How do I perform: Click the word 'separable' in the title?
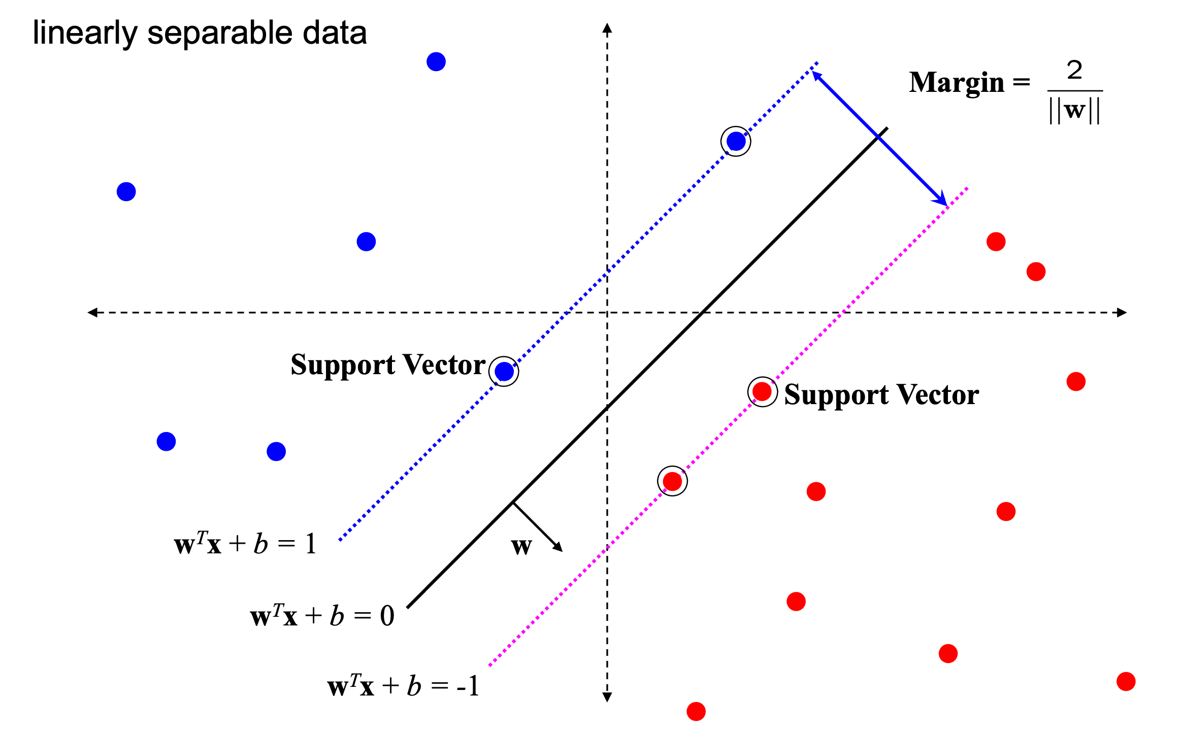point(219,34)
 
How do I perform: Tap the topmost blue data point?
point(436,62)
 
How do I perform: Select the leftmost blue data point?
point(126,192)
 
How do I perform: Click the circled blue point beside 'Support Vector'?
point(504,372)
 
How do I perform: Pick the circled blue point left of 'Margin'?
point(736,141)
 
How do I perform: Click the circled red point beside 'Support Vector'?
point(762,391)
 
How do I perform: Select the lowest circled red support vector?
point(672,481)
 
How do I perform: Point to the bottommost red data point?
point(696,711)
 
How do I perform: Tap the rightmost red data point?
point(1126,681)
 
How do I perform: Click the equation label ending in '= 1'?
point(245,544)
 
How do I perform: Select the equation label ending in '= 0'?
point(322,616)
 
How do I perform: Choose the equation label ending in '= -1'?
point(403,686)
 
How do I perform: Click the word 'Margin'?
point(957,82)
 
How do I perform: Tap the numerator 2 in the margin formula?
point(1074,70)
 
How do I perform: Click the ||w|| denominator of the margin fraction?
point(1074,110)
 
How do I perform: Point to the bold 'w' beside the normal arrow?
point(521,546)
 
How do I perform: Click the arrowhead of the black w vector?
point(559,548)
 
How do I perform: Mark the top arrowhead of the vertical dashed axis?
point(607,27)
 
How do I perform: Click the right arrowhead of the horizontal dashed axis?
point(1123,312)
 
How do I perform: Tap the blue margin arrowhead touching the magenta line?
point(942,201)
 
